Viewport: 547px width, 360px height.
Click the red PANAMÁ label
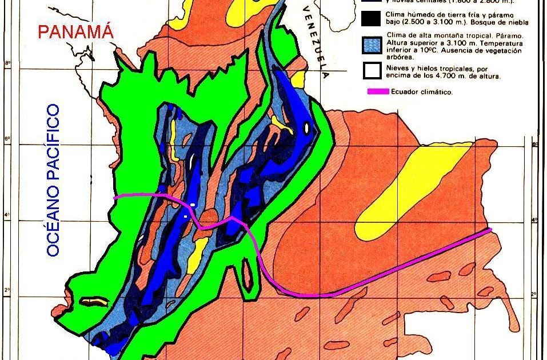tap(75, 32)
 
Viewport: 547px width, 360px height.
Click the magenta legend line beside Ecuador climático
tap(378, 91)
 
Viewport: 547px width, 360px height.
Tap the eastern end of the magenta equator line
tap(489, 230)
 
